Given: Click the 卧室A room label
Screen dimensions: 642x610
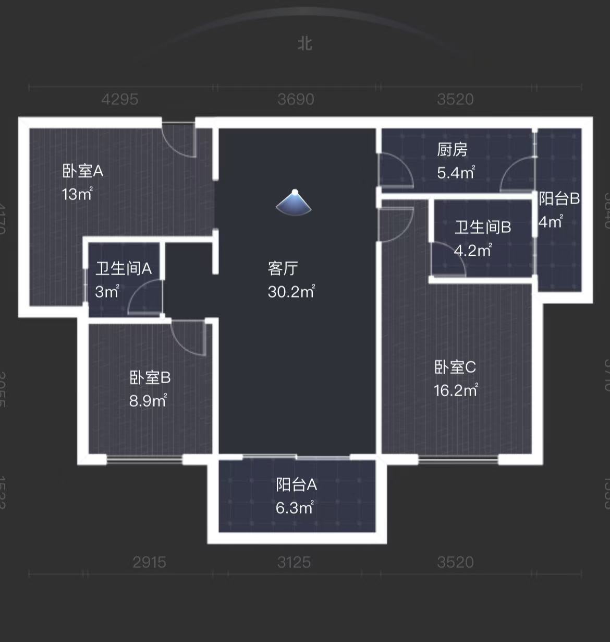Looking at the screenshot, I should (x=83, y=171).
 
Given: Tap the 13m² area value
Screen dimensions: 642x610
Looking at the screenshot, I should (x=77, y=194).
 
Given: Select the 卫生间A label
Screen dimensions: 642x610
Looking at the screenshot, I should (x=124, y=269).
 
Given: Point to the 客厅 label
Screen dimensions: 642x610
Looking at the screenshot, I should (x=283, y=268).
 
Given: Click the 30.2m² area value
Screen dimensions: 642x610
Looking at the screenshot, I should (x=291, y=291).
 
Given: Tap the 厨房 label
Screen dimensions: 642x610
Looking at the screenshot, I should (x=452, y=150).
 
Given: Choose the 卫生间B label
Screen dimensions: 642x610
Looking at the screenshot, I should (x=483, y=227).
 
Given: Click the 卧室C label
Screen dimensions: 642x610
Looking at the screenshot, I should (x=455, y=367).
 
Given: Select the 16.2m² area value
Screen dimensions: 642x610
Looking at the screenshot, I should (x=456, y=390).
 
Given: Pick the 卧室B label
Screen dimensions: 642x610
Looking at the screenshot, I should (x=150, y=377).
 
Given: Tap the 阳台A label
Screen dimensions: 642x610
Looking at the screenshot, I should (x=296, y=485).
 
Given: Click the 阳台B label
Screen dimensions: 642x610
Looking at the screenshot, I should (x=559, y=199).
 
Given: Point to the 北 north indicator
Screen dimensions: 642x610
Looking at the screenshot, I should (x=305, y=43).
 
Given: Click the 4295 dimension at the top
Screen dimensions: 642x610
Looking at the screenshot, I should (x=120, y=99).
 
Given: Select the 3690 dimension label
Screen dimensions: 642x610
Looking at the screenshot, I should (x=296, y=99).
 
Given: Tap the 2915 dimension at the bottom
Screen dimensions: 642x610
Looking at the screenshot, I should (x=149, y=562).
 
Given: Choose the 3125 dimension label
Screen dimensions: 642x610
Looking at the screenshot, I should (x=294, y=562).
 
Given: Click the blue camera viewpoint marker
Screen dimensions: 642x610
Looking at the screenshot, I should (x=294, y=202).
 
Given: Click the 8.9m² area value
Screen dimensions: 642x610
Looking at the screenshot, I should (x=148, y=401).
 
